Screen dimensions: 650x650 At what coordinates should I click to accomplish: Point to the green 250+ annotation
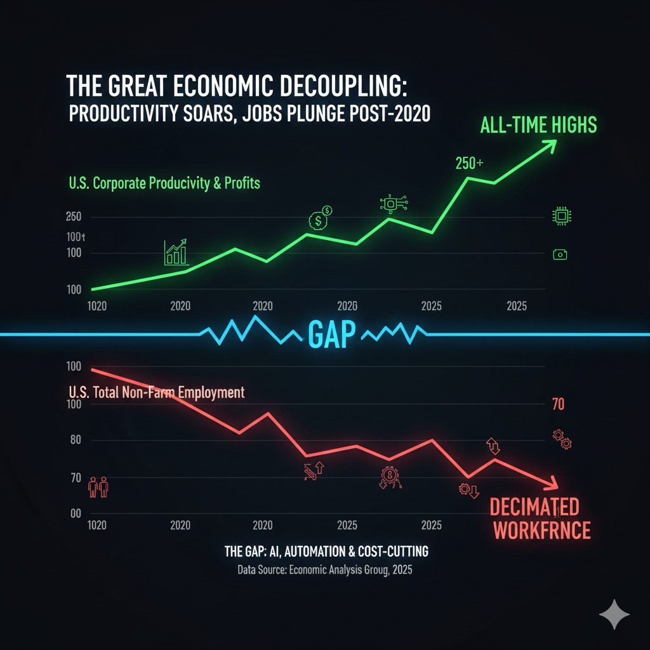[x=469, y=163]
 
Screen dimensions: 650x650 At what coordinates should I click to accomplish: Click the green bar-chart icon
[x=176, y=253]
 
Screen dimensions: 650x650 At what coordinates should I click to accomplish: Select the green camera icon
[x=560, y=255]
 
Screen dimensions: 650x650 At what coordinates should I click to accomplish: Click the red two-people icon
[x=98, y=487]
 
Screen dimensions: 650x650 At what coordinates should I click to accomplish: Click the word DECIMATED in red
[x=534, y=507]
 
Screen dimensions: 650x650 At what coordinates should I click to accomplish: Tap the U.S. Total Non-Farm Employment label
[x=156, y=392]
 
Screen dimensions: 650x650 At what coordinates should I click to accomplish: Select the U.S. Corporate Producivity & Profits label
[x=164, y=184]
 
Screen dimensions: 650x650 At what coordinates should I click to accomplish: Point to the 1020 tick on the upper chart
[x=97, y=306]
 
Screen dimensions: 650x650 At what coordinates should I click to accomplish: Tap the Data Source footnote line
[x=325, y=570]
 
